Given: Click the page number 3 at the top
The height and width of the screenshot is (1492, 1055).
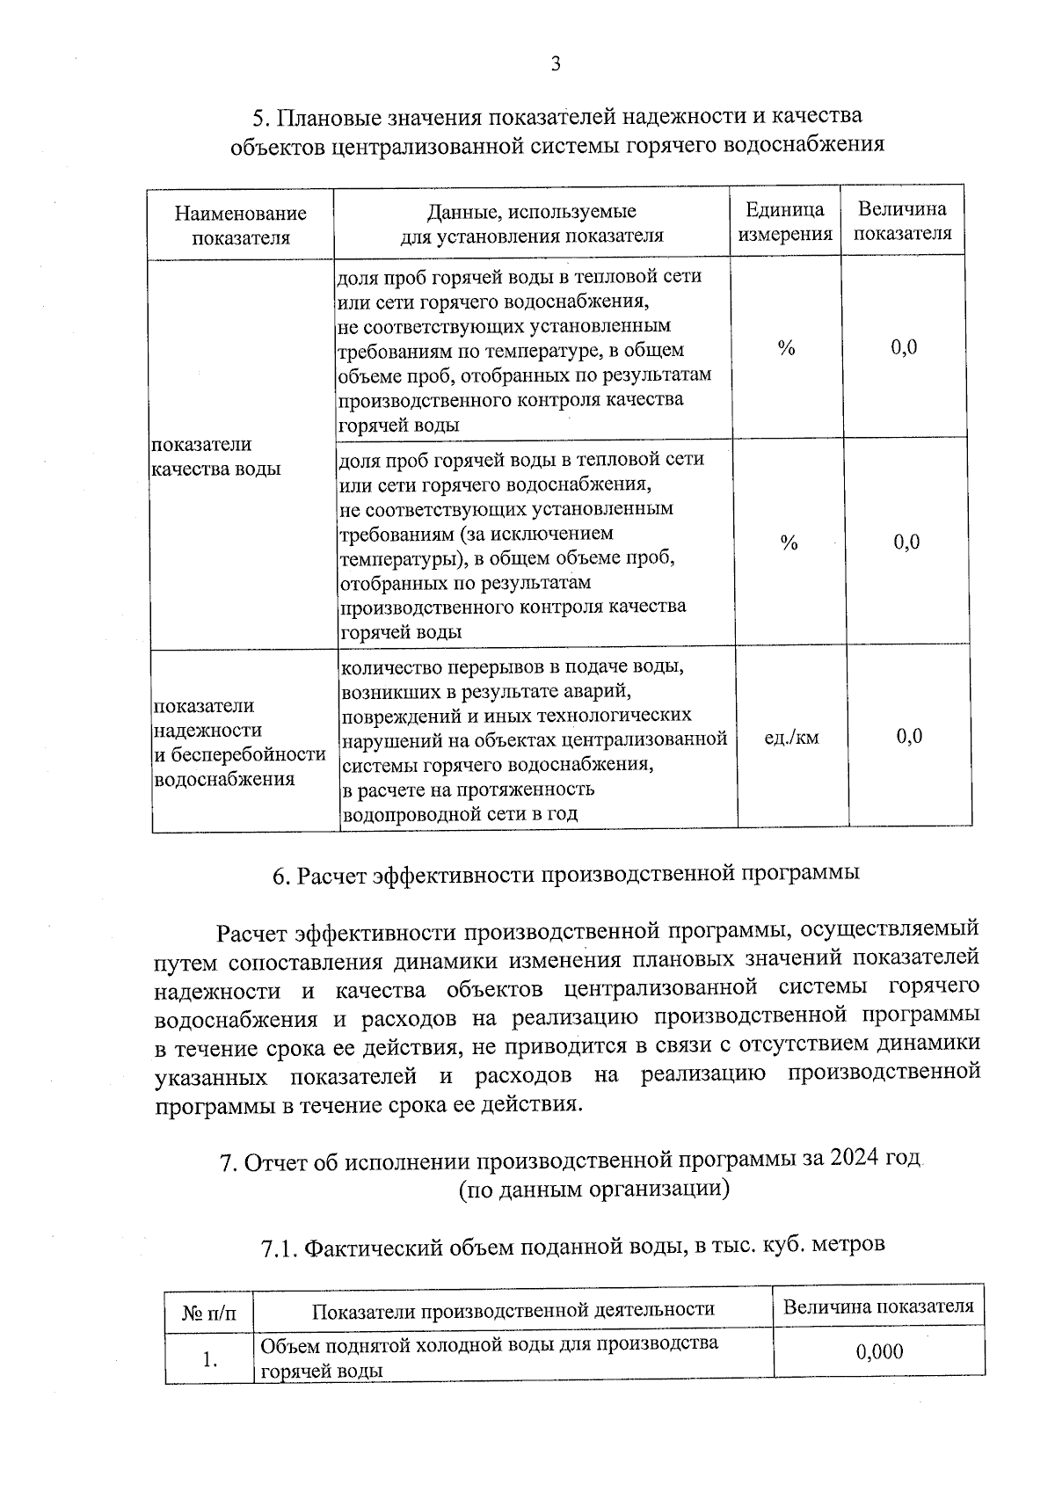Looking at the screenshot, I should [x=555, y=64].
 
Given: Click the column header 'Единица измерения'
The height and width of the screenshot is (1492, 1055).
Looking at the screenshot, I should [x=785, y=222].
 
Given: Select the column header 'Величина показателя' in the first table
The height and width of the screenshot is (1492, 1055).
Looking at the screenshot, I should [x=903, y=222].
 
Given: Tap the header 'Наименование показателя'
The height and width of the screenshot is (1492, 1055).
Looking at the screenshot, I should [x=241, y=225].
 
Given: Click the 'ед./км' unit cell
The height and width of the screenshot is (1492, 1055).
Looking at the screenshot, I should [x=791, y=738].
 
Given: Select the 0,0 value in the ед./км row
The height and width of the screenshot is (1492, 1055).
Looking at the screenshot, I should [x=909, y=736].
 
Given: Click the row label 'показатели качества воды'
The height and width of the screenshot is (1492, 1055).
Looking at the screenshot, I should [x=215, y=456].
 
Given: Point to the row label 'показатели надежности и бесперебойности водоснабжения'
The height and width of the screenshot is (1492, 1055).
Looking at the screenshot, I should [x=239, y=742].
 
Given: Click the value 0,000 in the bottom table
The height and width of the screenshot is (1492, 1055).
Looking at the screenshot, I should [x=879, y=1352].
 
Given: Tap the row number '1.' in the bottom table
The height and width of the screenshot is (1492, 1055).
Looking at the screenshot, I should [x=209, y=1359].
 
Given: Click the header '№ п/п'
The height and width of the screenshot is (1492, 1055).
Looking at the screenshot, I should [x=209, y=1314].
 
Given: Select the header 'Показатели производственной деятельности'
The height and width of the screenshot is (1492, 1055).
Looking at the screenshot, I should [x=513, y=1309].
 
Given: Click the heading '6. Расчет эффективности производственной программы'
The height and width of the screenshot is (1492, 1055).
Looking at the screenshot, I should [x=565, y=875].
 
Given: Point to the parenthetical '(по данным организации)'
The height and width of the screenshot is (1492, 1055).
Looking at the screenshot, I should [x=593, y=1190].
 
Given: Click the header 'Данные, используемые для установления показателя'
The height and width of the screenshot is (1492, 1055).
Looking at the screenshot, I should [x=532, y=223].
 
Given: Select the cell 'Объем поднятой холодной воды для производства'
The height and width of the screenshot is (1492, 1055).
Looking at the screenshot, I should [x=489, y=1343].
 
